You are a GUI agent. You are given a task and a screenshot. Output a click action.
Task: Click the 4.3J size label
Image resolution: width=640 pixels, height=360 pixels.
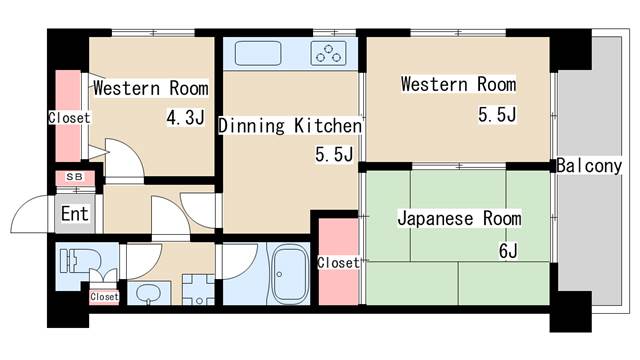[186, 118]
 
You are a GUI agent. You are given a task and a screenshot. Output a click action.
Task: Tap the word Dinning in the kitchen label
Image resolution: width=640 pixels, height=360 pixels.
[251, 126]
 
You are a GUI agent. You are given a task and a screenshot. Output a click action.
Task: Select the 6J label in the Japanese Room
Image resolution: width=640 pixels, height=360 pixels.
[508, 251]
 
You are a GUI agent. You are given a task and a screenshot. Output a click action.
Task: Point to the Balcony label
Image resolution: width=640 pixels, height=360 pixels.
[589, 166]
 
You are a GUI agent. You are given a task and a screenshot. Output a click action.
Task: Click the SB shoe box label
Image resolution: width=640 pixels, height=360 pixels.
[75, 177]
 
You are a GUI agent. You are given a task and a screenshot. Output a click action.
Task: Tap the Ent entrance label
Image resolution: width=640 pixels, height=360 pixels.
[75, 213]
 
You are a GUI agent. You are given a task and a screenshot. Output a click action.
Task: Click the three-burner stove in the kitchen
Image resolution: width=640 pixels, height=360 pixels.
[328, 53]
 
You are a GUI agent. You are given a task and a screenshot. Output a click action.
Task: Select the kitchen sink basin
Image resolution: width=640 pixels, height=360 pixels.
[258, 53]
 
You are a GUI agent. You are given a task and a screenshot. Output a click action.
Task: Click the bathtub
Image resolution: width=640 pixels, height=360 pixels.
[290, 274]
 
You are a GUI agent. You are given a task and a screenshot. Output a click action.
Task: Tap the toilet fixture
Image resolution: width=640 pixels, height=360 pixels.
[80, 260]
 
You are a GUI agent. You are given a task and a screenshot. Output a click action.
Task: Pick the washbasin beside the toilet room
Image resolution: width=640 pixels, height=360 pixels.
[148, 293]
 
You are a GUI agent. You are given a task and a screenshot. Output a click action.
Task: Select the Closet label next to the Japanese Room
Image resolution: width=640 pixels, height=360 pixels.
[338, 263]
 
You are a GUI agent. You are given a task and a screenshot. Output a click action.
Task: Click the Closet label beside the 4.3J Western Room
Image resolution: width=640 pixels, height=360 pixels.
[69, 118]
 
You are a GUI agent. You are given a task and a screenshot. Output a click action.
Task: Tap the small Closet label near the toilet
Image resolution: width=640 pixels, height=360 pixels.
[104, 297]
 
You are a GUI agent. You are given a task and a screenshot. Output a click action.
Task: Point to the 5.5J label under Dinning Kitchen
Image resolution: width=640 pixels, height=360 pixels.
[334, 155]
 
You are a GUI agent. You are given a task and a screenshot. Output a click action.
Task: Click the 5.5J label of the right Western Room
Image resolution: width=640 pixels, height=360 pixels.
[497, 115]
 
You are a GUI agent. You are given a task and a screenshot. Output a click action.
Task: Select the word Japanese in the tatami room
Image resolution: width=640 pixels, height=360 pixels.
[435, 219]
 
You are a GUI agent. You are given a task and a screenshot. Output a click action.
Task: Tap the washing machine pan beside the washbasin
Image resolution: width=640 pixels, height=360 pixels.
[198, 290]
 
